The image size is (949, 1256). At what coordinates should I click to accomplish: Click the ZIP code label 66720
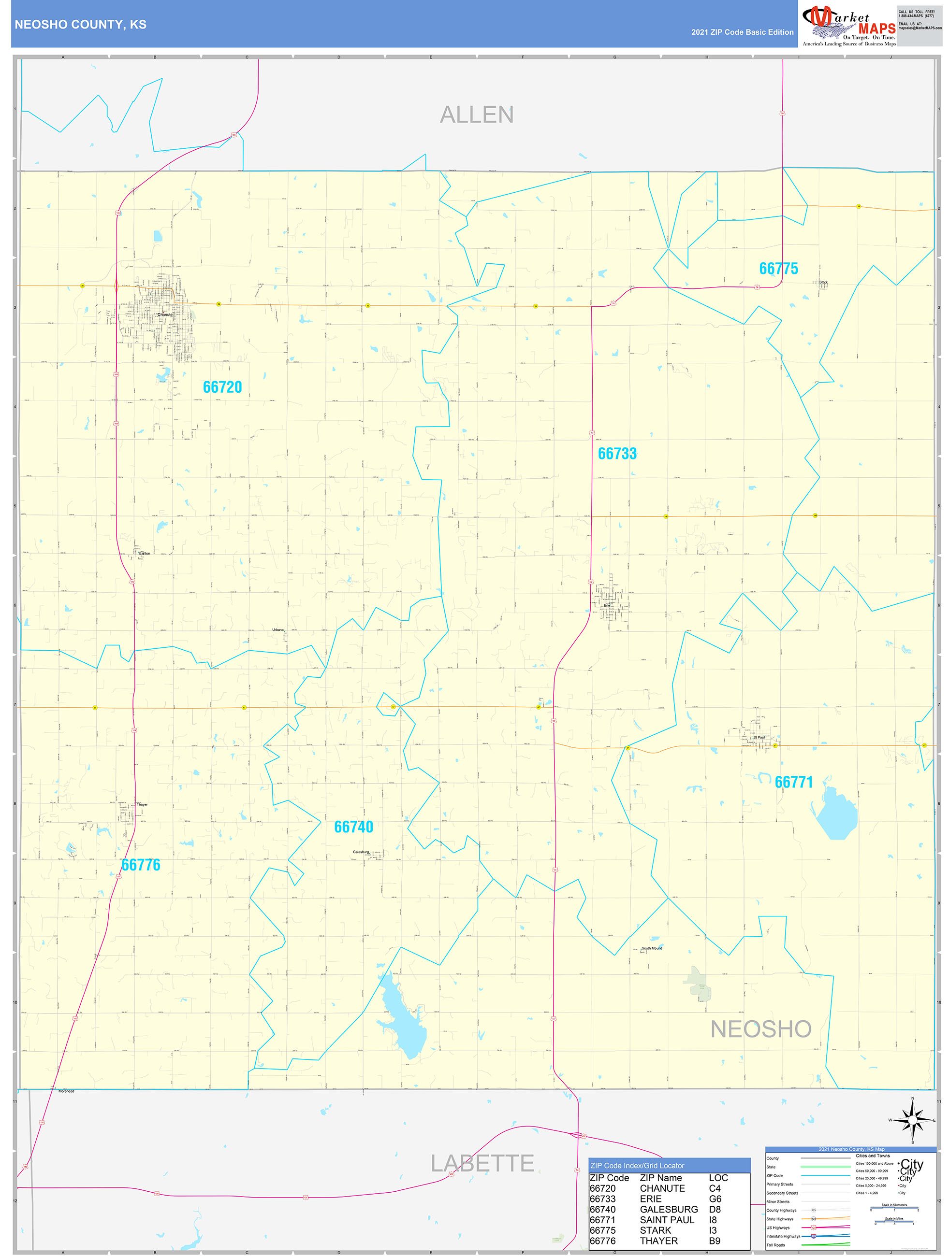coord(222,387)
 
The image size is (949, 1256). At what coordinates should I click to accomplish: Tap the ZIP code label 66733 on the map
coord(617,454)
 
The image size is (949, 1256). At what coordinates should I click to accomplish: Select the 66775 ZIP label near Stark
coord(778,269)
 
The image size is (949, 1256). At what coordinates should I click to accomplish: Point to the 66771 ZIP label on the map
coord(794,783)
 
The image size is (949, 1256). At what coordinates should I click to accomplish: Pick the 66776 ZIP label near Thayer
coord(141,865)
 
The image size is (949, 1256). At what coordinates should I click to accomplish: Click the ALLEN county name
coord(477,114)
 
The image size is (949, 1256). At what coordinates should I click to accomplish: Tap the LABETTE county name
coord(482,1163)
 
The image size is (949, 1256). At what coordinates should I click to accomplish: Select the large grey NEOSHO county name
coord(761,1029)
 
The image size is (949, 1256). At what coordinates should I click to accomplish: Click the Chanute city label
coord(165,314)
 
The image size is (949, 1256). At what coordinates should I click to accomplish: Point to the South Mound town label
coord(652,948)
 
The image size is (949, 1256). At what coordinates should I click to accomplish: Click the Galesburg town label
coord(361,852)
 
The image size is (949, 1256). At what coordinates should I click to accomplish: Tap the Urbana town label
coord(278,630)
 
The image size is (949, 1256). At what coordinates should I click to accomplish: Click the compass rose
coord(913,1120)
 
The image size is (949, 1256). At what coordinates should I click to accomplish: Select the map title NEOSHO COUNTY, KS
coord(81,25)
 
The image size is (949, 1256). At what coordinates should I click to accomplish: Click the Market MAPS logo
coord(849,24)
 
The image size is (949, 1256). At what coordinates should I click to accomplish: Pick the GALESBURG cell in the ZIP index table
coord(669,1210)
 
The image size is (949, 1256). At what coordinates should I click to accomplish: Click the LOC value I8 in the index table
coord(713,1220)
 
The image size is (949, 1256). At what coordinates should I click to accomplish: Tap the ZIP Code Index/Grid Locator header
coord(638,1166)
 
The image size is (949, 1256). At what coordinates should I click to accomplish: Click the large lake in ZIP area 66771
coord(835,814)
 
